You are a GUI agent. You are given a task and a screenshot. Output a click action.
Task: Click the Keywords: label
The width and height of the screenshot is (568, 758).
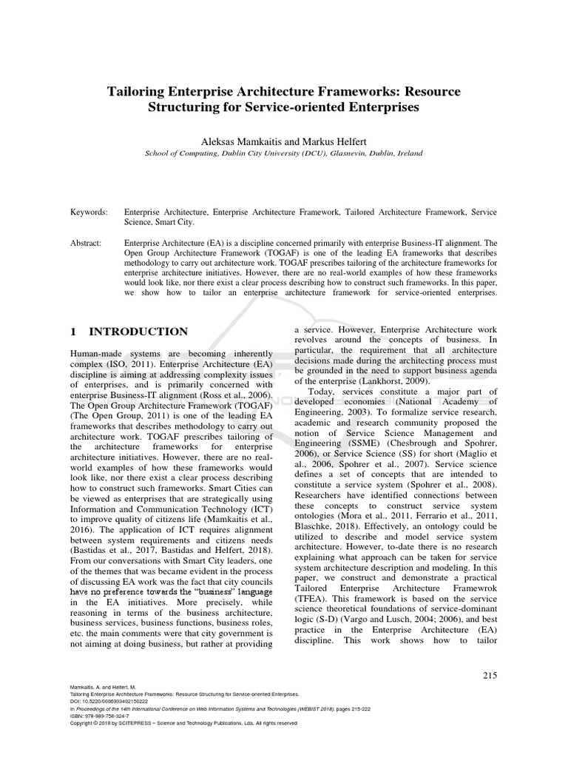89,212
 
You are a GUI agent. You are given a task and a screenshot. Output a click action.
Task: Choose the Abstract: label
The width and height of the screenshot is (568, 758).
87,242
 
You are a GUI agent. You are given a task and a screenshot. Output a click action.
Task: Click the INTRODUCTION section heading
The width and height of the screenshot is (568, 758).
138,332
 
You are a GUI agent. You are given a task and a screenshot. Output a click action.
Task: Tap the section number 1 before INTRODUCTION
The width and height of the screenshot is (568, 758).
73,332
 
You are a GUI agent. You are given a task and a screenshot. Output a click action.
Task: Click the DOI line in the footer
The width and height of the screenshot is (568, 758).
109,700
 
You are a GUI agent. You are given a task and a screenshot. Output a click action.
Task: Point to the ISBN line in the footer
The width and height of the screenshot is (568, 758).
100,716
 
